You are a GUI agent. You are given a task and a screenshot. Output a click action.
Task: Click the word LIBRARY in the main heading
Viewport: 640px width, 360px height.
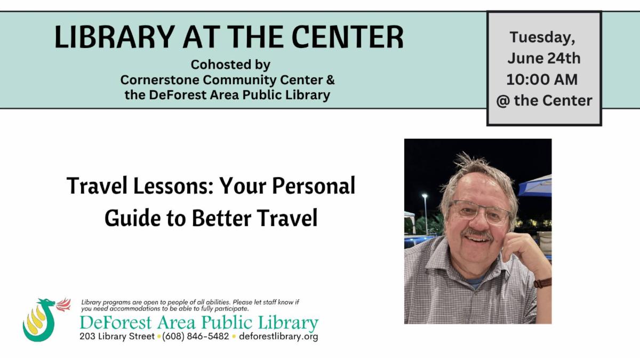[115, 37]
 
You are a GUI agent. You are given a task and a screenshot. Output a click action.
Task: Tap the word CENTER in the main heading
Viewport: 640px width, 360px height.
[347, 37]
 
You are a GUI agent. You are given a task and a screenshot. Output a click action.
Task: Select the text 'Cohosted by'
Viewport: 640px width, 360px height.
[230, 65]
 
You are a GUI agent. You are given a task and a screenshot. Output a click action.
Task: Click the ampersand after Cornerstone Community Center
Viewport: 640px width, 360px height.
[330, 79]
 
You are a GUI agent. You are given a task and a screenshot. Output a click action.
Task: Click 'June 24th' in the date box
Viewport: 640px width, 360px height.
[544, 58]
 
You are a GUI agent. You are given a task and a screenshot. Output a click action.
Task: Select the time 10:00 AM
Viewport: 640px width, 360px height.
[542, 79]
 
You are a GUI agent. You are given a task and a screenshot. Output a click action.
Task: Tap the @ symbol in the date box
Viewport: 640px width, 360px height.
[503, 101]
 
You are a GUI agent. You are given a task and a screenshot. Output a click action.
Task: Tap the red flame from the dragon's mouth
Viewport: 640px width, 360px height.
[63, 305]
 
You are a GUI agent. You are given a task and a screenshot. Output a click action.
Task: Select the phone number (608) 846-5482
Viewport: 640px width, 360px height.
[196, 337]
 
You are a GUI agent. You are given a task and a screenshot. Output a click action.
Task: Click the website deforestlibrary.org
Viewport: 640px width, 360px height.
[278, 337]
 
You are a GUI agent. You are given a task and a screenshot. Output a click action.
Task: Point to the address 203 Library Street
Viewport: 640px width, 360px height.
[117, 337]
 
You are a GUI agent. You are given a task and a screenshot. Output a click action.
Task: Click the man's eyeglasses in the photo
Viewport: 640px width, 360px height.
[480, 212]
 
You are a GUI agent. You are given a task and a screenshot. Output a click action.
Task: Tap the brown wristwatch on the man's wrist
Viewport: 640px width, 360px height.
[542, 283]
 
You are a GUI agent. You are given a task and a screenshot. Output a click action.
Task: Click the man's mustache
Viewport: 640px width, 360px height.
[477, 234]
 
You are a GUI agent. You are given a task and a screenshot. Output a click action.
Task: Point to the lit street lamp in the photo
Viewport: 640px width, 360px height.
[425, 196]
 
